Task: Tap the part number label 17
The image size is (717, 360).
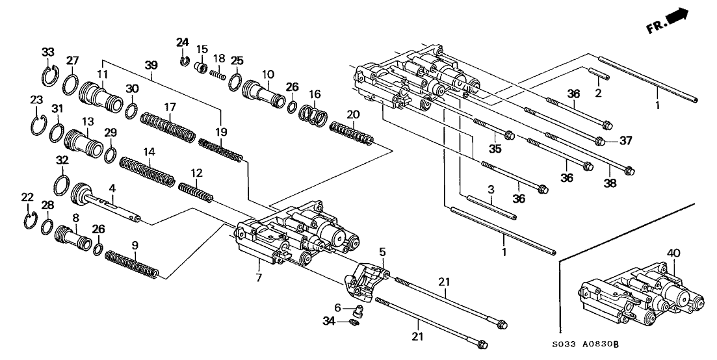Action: pos(170,107)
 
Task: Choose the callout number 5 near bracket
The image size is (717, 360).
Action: pos(383,251)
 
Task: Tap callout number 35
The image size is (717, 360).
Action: pos(495,149)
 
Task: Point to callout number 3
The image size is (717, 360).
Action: pos(491,189)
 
